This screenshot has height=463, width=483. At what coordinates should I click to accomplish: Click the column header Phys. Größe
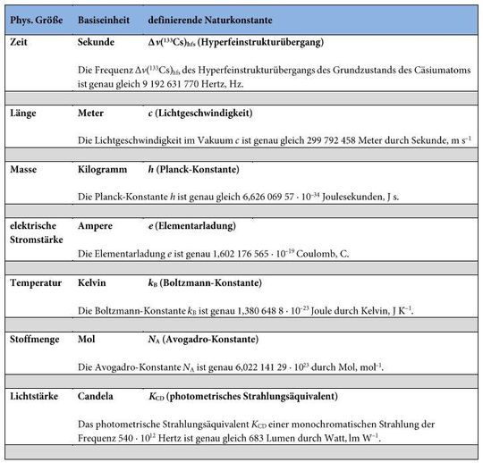pyautogui.click(x=33, y=19)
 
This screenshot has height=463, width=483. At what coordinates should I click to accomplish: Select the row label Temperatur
pyautogui.click(x=36, y=283)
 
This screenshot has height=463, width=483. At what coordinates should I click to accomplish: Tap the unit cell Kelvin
pyautogui.click(x=93, y=283)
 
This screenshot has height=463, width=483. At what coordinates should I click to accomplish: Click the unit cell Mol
pyautogui.click(x=87, y=340)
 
